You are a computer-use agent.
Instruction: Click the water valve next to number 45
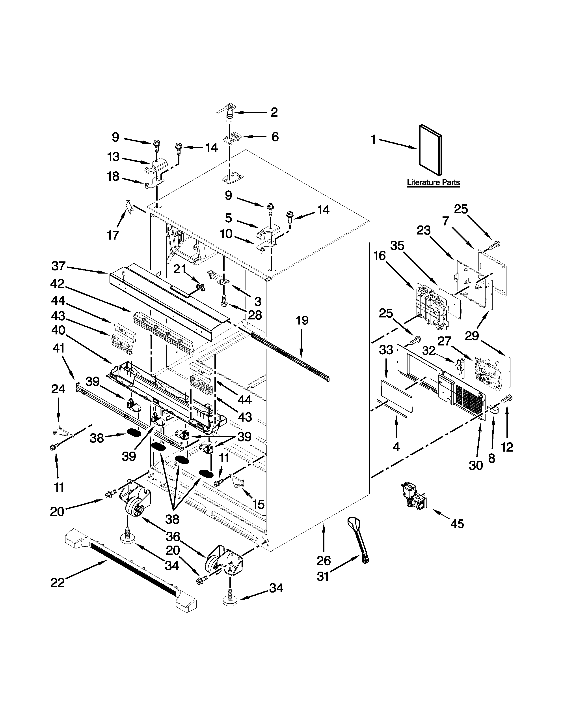(414, 499)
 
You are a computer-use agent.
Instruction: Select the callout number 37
(59, 266)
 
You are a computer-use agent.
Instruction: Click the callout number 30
(476, 465)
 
